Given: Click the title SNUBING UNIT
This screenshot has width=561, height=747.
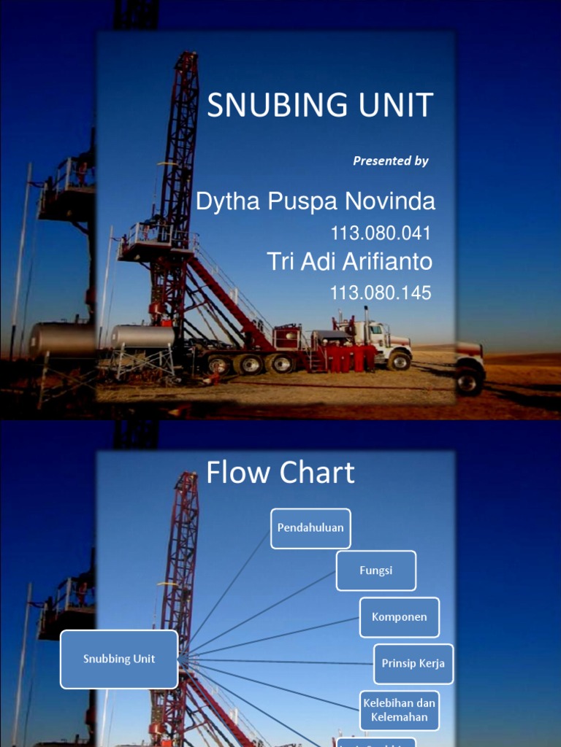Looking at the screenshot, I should coord(320,106).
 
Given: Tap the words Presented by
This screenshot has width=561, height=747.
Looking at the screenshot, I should coord(391,161).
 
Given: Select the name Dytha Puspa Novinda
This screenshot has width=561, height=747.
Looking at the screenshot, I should coord(315,202).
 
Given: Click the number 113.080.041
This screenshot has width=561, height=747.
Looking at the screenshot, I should coord(381,233).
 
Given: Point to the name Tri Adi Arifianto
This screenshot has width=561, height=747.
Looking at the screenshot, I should coord(350,261).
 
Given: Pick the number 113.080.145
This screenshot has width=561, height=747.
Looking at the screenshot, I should coord(381,293).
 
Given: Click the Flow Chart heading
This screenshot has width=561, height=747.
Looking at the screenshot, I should coord(280,473).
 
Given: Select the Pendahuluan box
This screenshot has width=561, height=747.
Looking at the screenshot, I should coord(310,528).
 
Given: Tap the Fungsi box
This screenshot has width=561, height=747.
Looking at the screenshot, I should coord(376,570).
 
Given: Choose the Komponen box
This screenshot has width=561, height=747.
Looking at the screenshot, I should coord(400,617).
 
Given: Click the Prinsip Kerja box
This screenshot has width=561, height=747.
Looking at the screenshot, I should coord(413,664).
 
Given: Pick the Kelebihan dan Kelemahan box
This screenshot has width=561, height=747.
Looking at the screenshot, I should coord(400,711).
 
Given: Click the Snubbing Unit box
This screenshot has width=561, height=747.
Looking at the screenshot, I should coord(119,659).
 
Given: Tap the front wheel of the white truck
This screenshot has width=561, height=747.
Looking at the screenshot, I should coord(400,360).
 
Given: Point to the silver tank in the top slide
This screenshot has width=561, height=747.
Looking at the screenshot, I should coord(143,336).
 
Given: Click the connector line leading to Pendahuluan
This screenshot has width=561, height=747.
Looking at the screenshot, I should coord(230,591).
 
